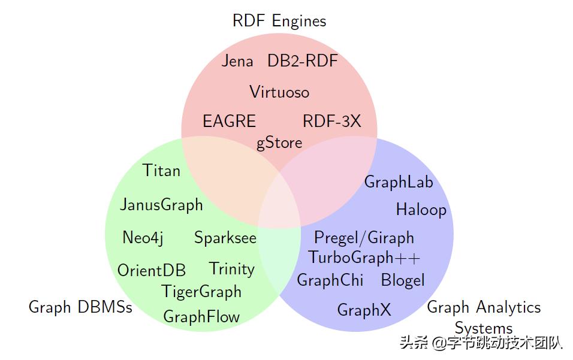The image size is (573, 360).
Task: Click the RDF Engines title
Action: (279, 22)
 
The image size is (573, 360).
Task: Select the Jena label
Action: (237, 61)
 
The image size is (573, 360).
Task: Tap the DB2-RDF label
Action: (303, 61)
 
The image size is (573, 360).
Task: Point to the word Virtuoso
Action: (279, 92)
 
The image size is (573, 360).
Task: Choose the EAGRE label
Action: (229, 121)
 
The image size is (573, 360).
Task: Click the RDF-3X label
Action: (332, 121)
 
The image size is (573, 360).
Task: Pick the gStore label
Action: (279, 143)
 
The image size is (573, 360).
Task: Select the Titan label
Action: (162, 171)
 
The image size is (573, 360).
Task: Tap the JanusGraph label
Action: (161, 205)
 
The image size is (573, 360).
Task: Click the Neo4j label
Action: (143, 238)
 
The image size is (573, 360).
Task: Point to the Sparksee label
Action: (225, 238)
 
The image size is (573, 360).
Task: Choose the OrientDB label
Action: (152, 270)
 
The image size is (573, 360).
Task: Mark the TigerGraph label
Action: (201, 292)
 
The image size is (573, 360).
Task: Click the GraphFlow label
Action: (201, 317)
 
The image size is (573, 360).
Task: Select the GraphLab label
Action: (399, 182)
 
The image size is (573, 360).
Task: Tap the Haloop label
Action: (421, 210)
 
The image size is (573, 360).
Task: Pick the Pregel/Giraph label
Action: (364, 238)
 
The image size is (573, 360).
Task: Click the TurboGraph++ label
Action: (364, 258)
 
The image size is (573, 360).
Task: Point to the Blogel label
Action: (403, 280)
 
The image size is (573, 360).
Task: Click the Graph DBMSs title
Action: (80, 308)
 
